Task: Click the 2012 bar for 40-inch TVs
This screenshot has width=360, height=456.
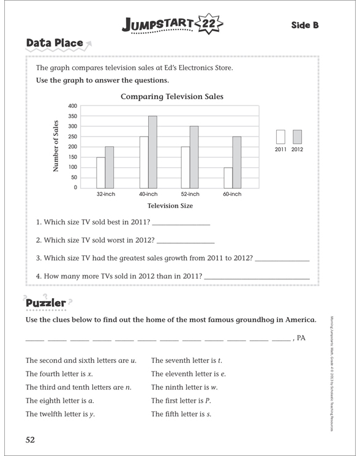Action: [x=152, y=152]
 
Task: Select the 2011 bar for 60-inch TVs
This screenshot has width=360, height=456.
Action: [x=228, y=178]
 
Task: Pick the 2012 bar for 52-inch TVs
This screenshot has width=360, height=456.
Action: [x=194, y=157]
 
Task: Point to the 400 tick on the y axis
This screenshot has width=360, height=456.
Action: [x=72, y=106]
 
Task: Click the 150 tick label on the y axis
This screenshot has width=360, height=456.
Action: [x=72, y=157]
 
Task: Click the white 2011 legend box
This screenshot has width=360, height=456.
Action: [x=281, y=136]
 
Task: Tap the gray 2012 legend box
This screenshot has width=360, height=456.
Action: [x=297, y=136]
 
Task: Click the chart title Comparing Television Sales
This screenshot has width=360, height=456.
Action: [x=171, y=96]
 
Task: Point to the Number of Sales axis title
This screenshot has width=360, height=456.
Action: [x=56, y=145]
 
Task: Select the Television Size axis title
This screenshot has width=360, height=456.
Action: [x=170, y=206]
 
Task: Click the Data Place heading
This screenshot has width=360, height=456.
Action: [x=54, y=43]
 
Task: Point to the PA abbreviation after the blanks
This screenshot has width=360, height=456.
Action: [x=301, y=337]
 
